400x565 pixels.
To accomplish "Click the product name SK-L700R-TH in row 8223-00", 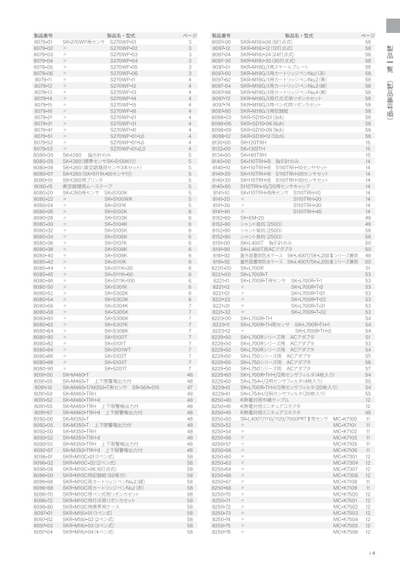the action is tap(256, 318).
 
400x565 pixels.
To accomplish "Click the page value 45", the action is tap(368, 412).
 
